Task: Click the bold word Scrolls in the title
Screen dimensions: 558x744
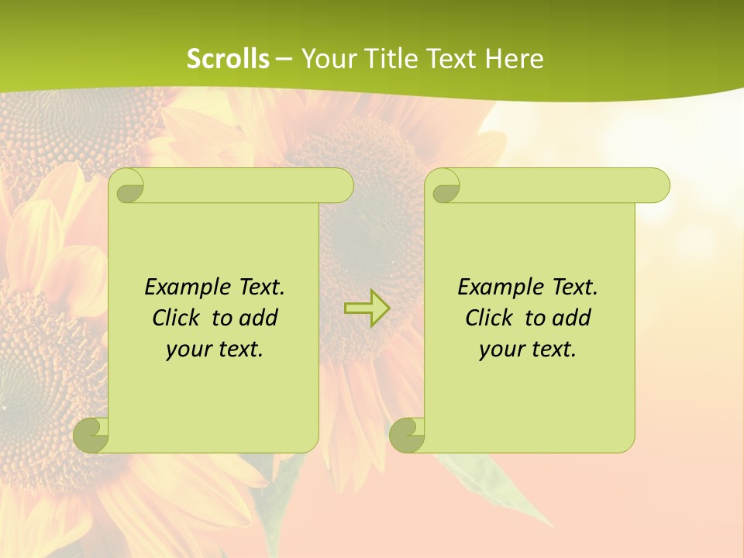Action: (228, 59)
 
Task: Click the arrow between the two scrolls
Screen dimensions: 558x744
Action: (367, 308)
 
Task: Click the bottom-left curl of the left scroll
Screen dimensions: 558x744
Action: (91, 436)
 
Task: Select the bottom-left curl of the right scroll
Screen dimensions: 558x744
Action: (407, 436)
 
